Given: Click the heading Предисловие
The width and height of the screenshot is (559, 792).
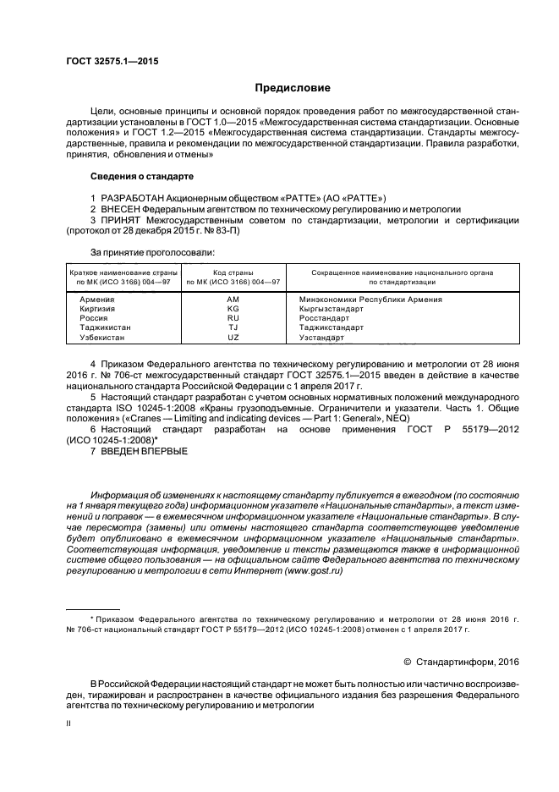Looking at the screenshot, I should coord(293,87).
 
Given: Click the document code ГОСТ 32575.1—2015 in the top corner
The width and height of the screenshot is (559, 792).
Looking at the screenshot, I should coord(112,61).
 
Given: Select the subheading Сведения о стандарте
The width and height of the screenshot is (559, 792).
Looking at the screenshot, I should coord(141,176).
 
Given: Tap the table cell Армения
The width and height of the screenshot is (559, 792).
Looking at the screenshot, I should coord(96,300).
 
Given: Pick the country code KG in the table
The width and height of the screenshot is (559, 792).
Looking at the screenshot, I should coord(233,309).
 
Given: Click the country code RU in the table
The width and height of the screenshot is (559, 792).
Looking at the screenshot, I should coord(233,318).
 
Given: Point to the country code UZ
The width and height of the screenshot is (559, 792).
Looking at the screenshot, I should coord(233,337).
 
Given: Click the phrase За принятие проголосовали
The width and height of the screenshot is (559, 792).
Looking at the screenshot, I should coord(152,251).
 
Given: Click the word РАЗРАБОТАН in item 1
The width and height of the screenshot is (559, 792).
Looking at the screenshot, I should coord(135,196).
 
